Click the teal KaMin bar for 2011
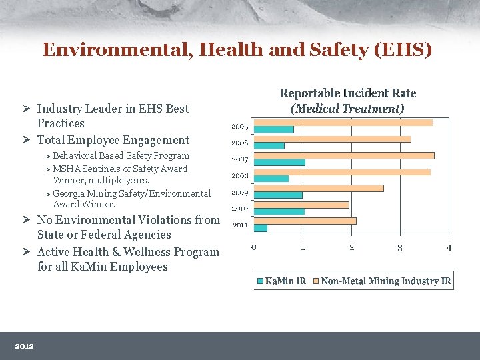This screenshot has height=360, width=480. (x=261, y=228)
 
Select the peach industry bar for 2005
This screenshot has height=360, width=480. (x=343, y=123)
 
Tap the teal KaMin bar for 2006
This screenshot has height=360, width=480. (x=269, y=145)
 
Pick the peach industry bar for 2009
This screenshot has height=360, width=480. (x=319, y=188)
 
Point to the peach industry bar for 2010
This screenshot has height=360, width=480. (x=301, y=205)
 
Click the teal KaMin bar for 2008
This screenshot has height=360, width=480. (x=271, y=179)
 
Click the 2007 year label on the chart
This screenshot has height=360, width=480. (x=240, y=159)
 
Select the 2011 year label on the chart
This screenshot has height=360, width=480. (x=240, y=225)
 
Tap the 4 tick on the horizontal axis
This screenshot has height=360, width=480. (x=449, y=248)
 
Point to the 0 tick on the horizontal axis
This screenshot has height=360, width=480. (x=254, y=248)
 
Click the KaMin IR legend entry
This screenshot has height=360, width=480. (x=281, y=281)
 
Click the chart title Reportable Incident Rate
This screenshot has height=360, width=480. (x=348, y=93)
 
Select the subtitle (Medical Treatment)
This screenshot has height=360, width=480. (x=347, y=108)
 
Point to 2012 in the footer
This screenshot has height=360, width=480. (x=24, y=346)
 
